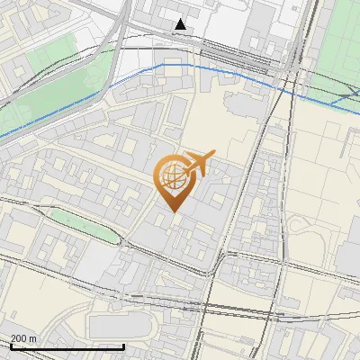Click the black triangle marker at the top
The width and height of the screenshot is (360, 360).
click(182, 24)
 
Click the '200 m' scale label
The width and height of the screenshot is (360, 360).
click(23, 338)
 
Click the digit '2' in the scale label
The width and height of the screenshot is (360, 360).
click(13, 338)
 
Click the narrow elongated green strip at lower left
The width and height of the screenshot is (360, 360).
click(81, 225)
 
